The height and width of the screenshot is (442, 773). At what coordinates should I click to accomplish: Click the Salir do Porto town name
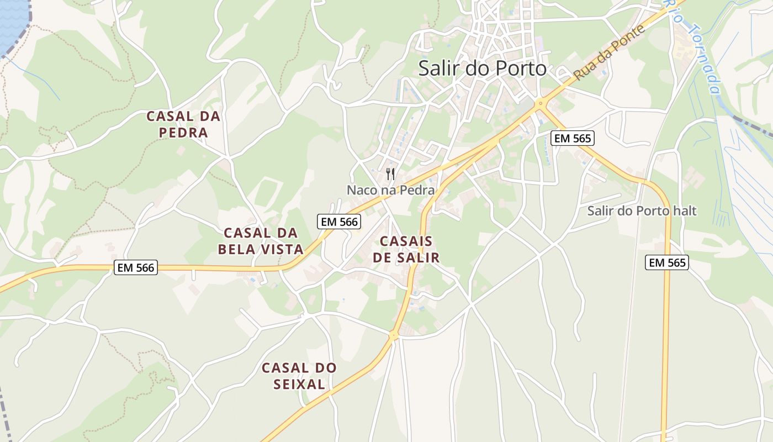(x=482, y=68)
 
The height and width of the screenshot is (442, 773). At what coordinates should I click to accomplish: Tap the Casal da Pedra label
(x=183, y=124)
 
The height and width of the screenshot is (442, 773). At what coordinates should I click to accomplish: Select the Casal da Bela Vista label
(x=261, y=241)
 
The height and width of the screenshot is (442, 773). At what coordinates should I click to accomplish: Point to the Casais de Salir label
(x=406, y=249)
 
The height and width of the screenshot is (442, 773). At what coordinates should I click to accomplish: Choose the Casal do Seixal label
(x=299, y=376)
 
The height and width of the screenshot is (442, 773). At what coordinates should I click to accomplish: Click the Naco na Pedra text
(x=390, y=190)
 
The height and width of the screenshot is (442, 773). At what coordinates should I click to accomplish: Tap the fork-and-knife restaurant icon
(x=390, y=174)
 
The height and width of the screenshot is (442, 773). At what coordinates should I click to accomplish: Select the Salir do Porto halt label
(x=642, y=211)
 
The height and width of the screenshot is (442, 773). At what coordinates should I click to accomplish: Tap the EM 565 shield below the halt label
(x=667, y=263)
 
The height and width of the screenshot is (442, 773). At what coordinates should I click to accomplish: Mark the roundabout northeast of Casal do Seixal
(x=394, y=335)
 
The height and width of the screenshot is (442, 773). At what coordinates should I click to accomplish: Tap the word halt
(x=684, y=211)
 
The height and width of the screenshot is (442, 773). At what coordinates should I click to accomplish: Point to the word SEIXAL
(x=299, y=384)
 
